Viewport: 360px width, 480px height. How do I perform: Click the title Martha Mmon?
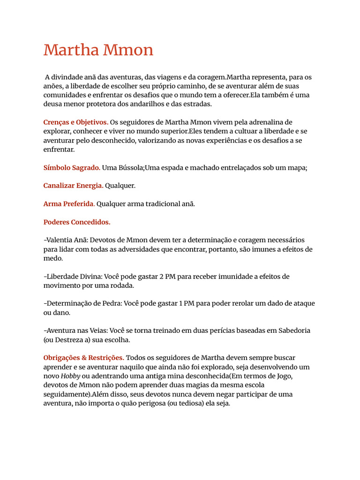pos(98,50)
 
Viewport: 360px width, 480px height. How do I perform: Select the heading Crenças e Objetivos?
pos(76,122)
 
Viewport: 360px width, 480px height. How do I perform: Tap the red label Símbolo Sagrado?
pos(72,167)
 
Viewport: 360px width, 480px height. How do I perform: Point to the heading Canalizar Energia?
pos(74,186)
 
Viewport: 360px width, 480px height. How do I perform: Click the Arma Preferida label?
pos(69,204)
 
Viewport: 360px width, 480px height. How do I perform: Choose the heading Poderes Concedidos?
pos(77,222)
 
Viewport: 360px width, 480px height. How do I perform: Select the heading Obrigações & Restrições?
pos(84,358)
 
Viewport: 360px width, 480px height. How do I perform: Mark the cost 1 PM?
pos(187,304)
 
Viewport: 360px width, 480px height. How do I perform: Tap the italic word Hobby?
pos(71,376)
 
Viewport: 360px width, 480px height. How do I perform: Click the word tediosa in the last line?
pos(187,404)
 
